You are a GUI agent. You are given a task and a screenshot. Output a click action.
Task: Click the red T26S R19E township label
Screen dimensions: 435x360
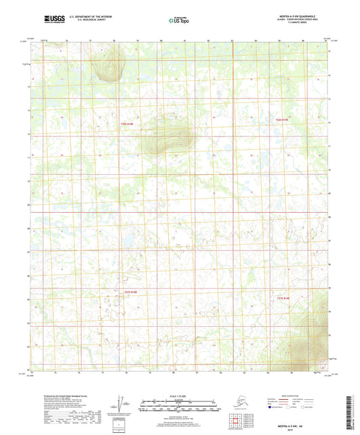282,120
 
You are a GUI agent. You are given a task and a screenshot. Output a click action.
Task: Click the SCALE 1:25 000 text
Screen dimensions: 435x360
179,396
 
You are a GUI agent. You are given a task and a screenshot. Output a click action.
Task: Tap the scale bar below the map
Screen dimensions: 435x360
179,407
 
